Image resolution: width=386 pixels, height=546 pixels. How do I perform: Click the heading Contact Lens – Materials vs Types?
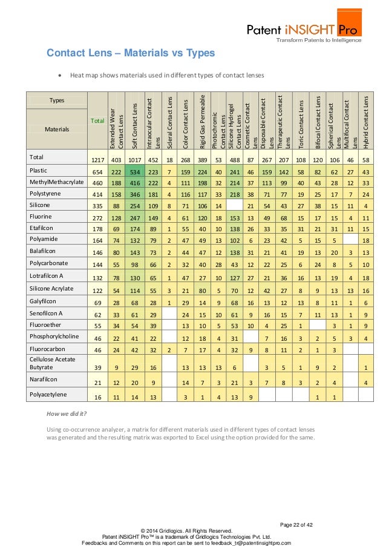(x=131, y=53)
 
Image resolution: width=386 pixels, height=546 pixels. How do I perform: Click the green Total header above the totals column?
(x=97, y=121)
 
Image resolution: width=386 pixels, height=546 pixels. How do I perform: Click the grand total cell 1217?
(x=97, y=160)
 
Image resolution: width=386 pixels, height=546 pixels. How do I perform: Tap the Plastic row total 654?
(x=97, y=173)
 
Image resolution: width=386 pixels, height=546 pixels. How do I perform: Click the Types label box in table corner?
(x=57, y=100)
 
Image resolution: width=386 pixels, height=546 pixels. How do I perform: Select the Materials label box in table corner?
(x=57, y=129)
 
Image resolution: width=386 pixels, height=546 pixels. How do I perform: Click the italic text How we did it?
(x=67, y=413)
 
